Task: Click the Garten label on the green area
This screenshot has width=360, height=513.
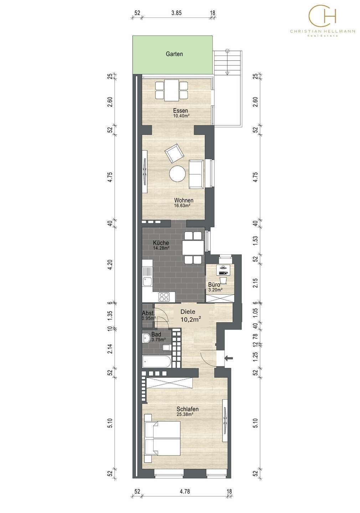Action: coord(174,54)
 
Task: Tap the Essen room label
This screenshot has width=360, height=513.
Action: coord(180,110)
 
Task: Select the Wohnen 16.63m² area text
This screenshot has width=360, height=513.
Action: coord(182,206)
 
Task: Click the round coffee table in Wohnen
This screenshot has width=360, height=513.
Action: coord(178,174)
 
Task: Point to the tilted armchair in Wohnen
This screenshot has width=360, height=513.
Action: coord(174,153)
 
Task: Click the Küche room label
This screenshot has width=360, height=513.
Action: coord(161,243)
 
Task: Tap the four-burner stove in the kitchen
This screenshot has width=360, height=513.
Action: coord(164,297)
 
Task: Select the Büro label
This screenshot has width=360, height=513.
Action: coord(214,285)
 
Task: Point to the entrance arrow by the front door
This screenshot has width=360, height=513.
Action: coord(229,358)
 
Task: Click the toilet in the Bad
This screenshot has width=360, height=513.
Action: coord(166,347)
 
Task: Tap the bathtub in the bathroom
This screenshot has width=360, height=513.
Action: coord(156,362)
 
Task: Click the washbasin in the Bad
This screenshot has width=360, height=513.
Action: coord(146,338)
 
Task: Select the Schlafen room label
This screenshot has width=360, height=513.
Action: coord(187,409)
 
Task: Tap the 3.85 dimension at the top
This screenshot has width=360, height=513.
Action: coord(176,13)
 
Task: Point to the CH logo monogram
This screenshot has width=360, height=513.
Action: coord(323,15)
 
